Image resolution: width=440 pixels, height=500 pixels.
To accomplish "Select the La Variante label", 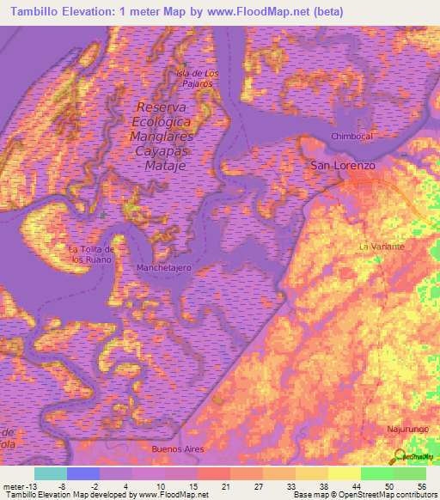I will pos(382,246).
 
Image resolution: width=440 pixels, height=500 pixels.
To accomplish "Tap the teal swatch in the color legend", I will pos(51,473).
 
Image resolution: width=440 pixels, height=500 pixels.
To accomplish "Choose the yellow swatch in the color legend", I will pos(344,473).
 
